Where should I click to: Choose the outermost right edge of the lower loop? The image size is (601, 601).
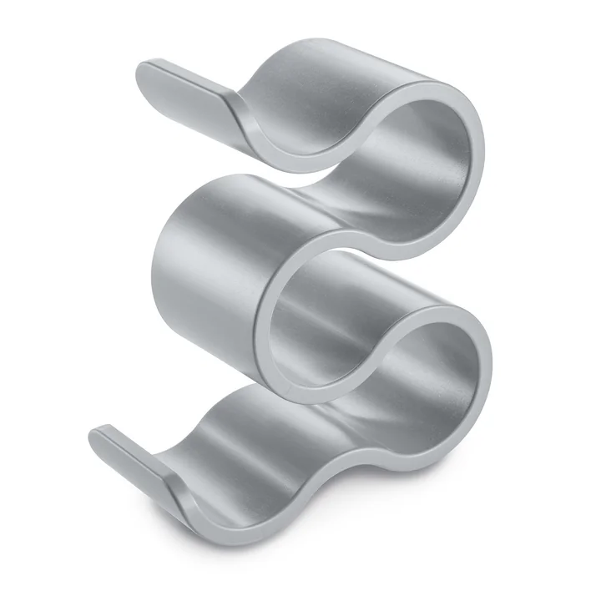490,367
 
